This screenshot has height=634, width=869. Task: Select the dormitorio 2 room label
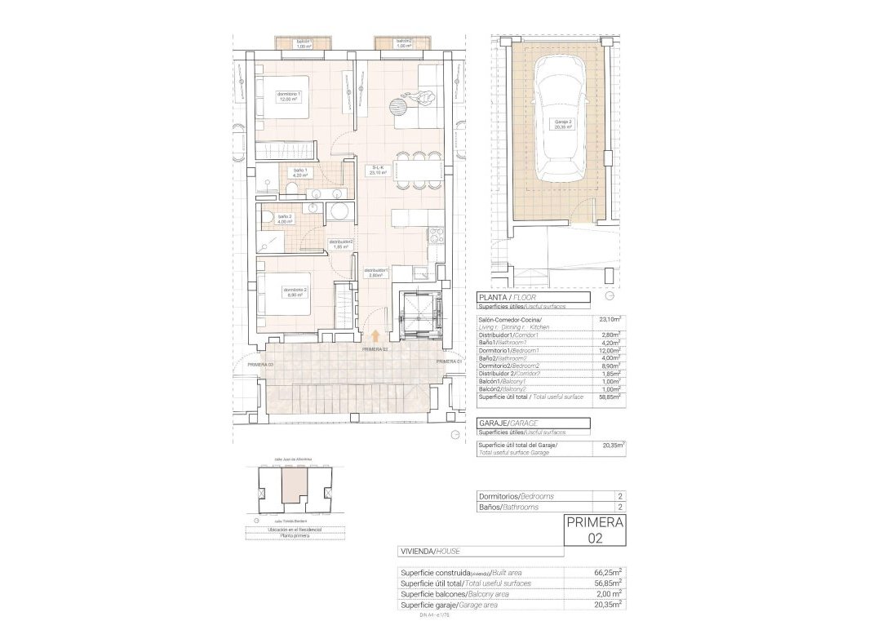[x=295, y=290]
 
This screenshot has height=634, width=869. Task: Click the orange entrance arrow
[x=375, y=335]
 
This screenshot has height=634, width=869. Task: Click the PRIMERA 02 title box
[x=595, y=530]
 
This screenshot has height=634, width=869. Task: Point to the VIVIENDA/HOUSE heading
[x=430, y=552]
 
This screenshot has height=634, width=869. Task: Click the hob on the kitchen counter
[x=436, y=236]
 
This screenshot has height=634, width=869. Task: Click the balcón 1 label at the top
[x=304, y=43]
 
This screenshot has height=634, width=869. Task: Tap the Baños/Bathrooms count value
[x=620, y=507]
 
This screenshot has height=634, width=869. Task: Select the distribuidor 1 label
[x=376, y=273]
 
